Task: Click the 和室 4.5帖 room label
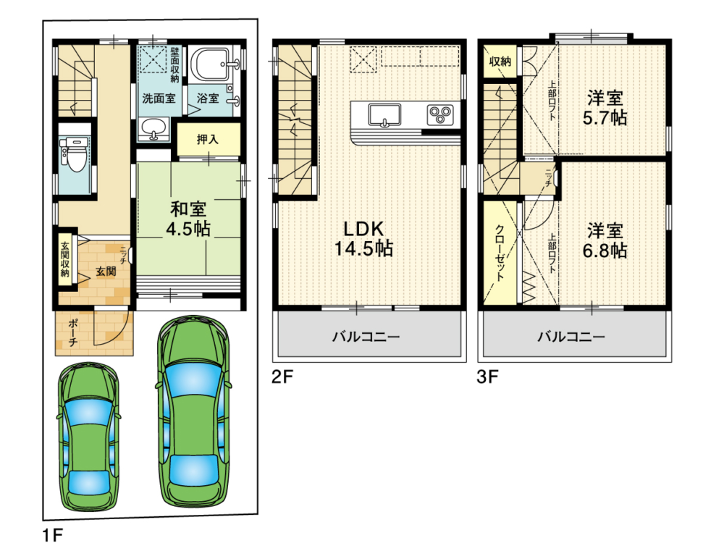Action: (x=188, y=219)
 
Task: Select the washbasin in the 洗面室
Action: (x=153, y=129)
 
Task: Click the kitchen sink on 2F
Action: (x=384, y=114)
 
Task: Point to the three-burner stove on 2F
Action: (x=440, y=114)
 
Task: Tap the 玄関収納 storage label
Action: (x=65, y=259)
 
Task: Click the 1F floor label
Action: (x=53, y=536)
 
